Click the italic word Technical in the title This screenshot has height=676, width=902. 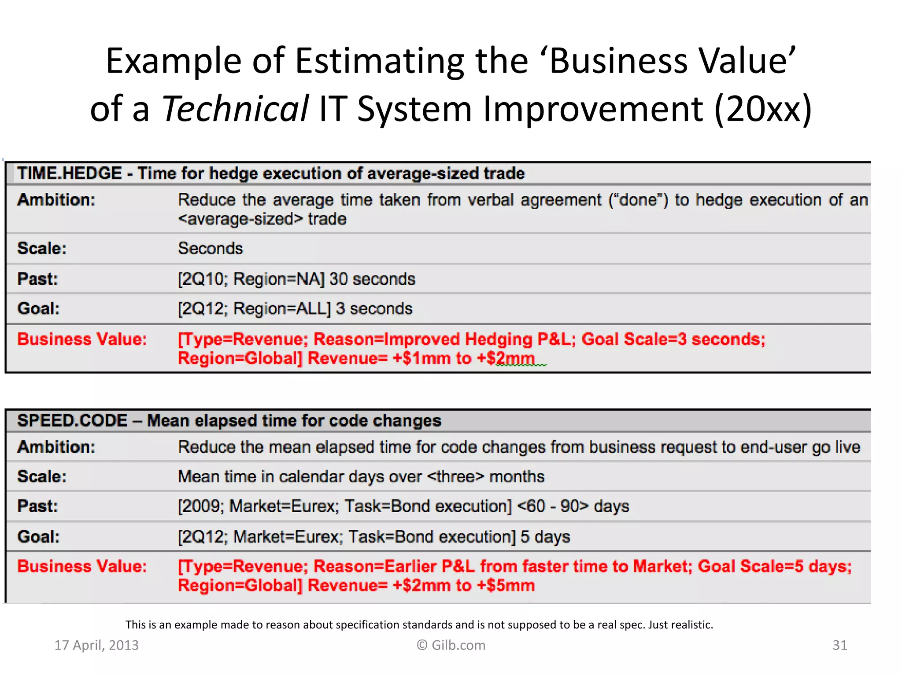235,109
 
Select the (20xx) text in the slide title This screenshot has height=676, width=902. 762,109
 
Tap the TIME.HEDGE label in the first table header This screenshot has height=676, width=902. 70,173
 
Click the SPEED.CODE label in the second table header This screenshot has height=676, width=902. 72,421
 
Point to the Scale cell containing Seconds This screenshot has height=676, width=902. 210,249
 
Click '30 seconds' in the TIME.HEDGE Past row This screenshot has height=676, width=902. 372,279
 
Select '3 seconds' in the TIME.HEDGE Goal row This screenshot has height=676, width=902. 374,309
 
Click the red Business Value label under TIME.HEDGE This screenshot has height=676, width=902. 82,339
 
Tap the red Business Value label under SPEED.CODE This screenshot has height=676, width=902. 82,566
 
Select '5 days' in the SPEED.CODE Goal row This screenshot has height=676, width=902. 545,537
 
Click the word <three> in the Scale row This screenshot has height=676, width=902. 455,477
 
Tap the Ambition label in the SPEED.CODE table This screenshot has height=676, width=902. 56,447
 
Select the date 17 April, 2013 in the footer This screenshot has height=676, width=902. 96,645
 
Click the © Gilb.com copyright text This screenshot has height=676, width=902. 451,645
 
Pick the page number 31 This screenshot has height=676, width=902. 839,645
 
